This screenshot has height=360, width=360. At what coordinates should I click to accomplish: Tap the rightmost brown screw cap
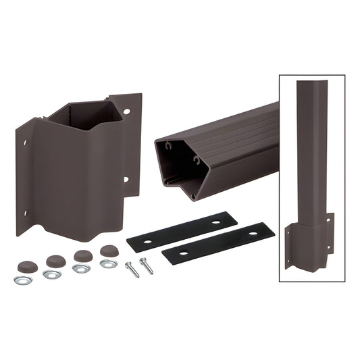[108, 251]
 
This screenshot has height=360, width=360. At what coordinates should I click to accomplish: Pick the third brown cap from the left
[82, 256]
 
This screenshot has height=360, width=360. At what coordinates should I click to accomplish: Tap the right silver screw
[146, 265]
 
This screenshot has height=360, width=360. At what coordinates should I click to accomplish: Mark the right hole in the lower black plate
[254, 233]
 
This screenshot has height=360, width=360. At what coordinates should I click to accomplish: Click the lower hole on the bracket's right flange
[125, 180]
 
